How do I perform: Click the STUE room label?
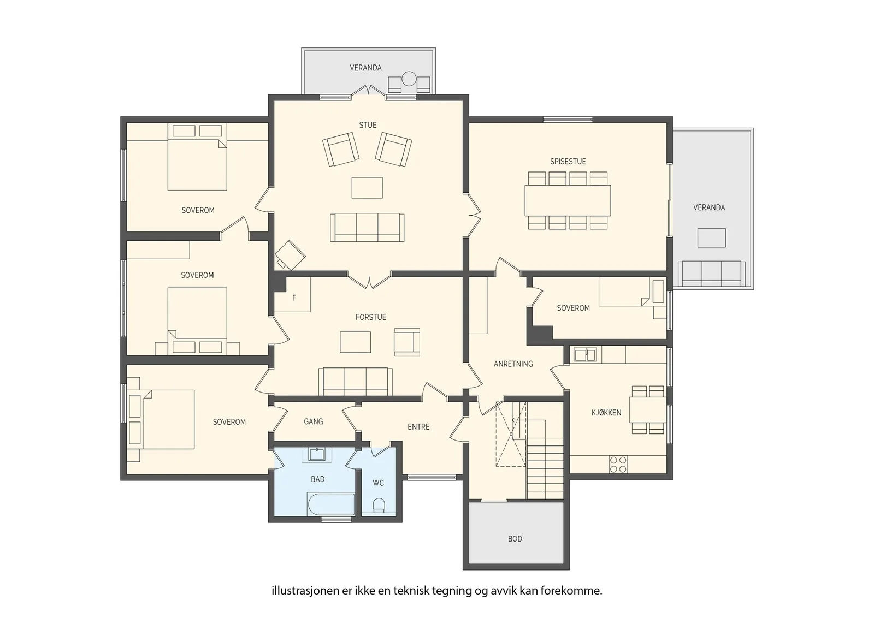point(368,125)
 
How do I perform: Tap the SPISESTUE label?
point(568,162)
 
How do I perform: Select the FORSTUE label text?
point(371,317)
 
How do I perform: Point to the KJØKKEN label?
point(606,413)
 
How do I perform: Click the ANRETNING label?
point(513,364)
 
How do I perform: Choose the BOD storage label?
point(515,539)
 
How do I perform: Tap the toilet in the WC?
point(379,505)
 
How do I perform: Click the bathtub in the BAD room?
point(331,504)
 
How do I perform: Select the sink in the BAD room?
point(316,454)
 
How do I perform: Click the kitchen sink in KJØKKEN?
point(585,354)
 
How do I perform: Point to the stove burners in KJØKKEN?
point(618,464)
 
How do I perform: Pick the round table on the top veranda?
point(409,79)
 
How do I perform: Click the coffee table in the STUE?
point(367,188)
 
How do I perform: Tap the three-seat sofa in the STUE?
point(367,227)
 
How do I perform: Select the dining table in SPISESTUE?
point(568,200)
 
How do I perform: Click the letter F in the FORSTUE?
point(294,298)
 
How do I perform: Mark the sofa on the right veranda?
point(711,274)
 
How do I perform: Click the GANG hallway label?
point(313,421)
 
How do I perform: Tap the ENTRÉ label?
point(418,426)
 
